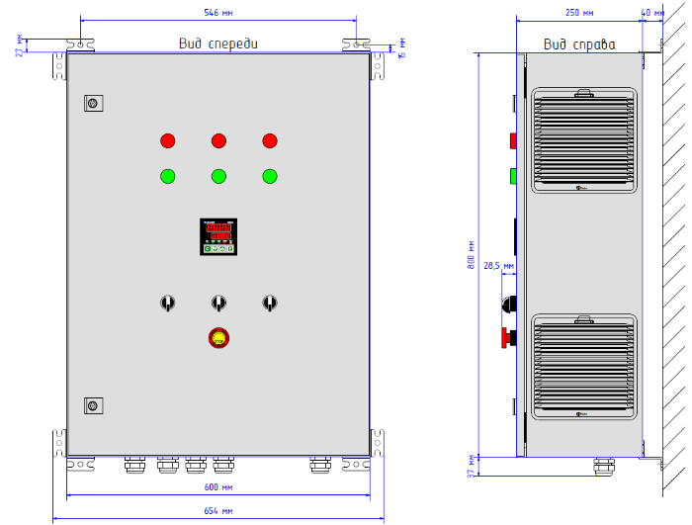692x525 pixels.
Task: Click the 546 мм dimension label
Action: click(x=218, y=13)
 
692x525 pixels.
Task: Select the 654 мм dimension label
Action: click(x=218, y=511)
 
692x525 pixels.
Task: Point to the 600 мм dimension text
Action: click(x=218, y=487)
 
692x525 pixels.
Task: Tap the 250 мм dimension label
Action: click(x=579, y=13)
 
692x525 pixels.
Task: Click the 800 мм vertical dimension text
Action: click(x=472, y=258)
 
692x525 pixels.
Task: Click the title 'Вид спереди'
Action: click(x=218, y=44)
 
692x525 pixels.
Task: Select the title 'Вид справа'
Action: click(x=579, y=44)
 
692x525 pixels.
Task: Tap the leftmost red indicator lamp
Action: click(x=167, y=140)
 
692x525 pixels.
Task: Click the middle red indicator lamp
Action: click(x=218, y=140)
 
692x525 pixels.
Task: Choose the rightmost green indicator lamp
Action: click(x=269, y=177)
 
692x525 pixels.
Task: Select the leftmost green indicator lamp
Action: click(x=167, y=177)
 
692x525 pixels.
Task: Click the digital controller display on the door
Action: click(x=218, y=236)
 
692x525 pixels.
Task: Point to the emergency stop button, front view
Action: click(x=217, y=338)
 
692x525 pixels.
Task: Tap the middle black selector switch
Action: click(x=217, y=303)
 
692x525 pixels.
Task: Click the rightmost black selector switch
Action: click(x=268, y=303)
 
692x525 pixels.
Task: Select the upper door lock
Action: click(x=94, y=104)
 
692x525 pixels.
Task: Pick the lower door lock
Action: click(x=94, y=404)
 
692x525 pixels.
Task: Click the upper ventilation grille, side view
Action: click(x=584, y=140)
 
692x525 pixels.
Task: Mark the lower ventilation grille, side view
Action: click(x=584, y=365)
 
